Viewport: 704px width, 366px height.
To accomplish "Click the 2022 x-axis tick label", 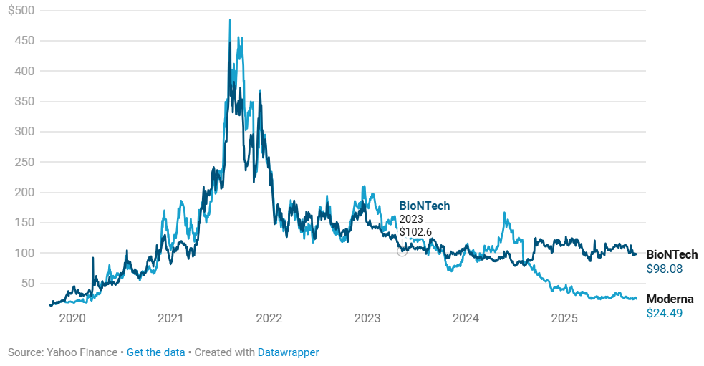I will (269, 318).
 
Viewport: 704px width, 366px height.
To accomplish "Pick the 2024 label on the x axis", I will (466, 318).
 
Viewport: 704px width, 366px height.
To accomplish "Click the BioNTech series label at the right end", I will (672, 254).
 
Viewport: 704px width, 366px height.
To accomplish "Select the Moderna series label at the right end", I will (670, 299).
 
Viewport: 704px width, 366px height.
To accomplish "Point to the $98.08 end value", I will (665, 269).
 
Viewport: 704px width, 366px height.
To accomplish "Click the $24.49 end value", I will (665, 313).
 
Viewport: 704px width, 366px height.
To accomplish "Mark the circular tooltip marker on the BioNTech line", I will (402, 251).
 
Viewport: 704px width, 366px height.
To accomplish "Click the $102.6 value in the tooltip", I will (415, 232).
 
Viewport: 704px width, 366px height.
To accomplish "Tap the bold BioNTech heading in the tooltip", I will (425, 206).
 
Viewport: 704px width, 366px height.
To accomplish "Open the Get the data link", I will (155, 352).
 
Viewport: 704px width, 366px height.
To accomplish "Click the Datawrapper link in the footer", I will (288, 352).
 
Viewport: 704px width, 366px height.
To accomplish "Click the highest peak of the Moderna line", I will (230, 20).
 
